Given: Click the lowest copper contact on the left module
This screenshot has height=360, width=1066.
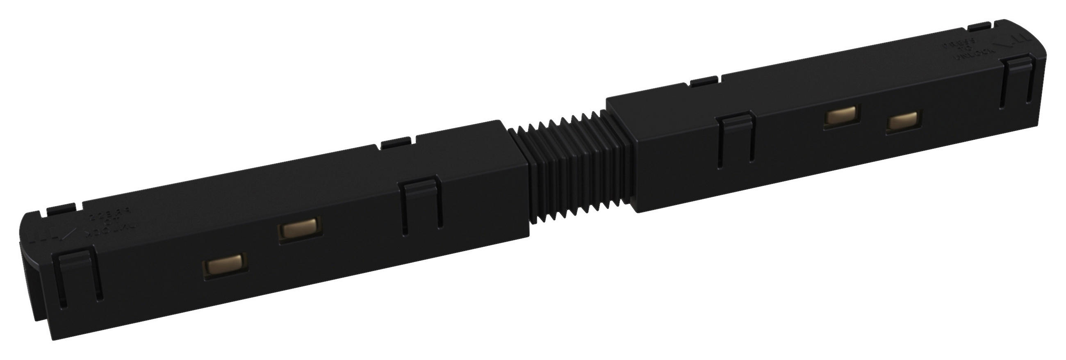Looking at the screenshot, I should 225,265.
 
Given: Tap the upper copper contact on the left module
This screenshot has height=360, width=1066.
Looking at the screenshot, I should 300,229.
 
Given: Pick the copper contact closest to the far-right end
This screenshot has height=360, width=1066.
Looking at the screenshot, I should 903,121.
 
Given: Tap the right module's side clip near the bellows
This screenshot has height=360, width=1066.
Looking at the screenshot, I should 735,139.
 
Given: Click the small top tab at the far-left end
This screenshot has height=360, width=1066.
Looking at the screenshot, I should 61,209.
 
